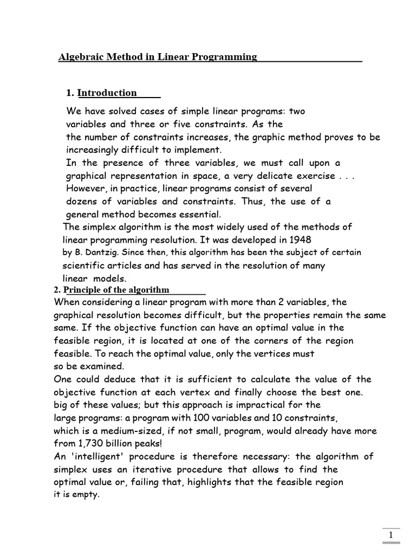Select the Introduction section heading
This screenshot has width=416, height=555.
pos(107,93)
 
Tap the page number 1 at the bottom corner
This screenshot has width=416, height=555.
pos(391,535)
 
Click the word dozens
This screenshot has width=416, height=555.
pos(82,201)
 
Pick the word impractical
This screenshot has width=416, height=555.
pos(236,405)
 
